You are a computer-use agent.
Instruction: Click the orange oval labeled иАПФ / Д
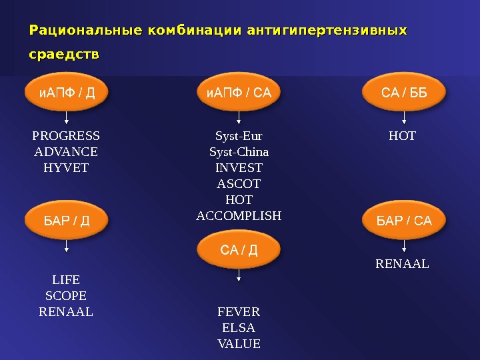point(66,93)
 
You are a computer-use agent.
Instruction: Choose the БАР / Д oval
point(66,221)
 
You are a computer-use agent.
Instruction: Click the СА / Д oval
point(239,251)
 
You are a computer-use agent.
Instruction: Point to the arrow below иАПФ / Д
point(66,119)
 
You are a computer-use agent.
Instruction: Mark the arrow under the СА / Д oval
point(239,279)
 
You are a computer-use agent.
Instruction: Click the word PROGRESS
point(66,137)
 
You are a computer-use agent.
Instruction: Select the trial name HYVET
point(66,168)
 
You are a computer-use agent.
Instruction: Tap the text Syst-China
point(239,152)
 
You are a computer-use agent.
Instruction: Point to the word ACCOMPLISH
point(239,216)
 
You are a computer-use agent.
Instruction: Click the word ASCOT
point(239,184)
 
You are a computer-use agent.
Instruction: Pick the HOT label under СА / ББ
point(402,137)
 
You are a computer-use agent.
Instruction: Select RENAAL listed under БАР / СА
point(403,265)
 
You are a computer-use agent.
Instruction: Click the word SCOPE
point(66,295)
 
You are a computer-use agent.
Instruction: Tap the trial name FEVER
point(239,312)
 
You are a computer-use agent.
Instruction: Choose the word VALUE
point(239,344)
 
